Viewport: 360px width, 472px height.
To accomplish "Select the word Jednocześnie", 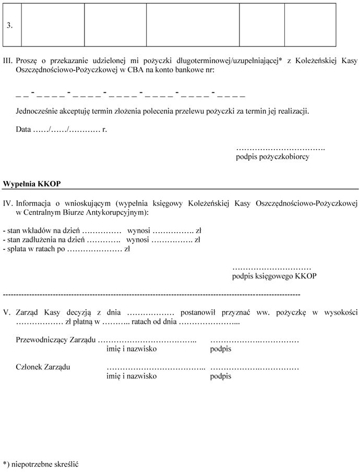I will pos(37,111).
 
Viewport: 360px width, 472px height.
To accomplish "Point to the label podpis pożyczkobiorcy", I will pos(272,156).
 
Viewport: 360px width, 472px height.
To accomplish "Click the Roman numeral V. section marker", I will pos(7,312).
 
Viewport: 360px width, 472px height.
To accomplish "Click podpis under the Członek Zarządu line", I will pos(221,376).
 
